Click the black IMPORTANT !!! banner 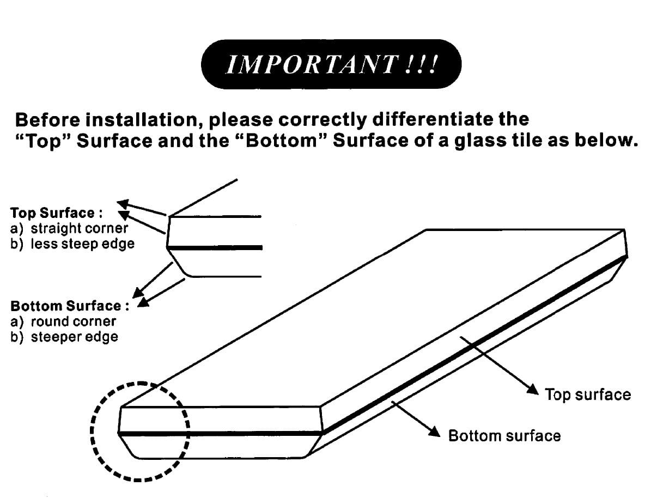tap(331, 64)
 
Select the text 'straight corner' tap(79, 228)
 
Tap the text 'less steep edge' tap(82, 244)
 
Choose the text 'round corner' tap(73, 321)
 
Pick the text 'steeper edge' tap(74, 337)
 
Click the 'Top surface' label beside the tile tap(587, 394)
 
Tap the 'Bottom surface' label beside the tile tap(504, 436)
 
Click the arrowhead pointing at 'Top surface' tap(533, 388)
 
